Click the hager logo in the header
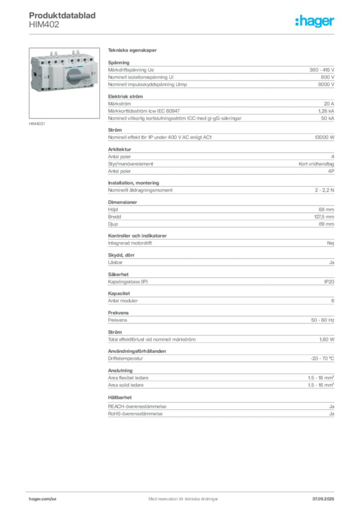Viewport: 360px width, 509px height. [x=314, y=21]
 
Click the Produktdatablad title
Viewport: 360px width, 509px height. [x=62, y=15]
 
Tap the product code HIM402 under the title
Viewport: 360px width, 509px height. [x=44, y=25]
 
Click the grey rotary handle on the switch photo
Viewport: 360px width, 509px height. [x=77, y=77]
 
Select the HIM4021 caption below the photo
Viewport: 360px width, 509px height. [x=37, y=124]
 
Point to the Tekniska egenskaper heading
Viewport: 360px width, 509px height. [x=132, y=50]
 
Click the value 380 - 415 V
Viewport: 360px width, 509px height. [x=321, y=70]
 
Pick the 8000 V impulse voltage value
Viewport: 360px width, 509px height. [x=326, y=85]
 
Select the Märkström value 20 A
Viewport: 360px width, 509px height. [x=329, y=104]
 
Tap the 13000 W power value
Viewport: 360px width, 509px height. [x=324, y=137]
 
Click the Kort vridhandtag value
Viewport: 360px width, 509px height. [x=316, y=164]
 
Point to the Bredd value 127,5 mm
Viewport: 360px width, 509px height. [x=324, y=217]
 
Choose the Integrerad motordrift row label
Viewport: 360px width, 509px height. [x=130, y=243]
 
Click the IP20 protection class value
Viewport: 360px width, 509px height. [x=329, y=282]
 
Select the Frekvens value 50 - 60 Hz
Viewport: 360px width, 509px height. [x=322, y=320]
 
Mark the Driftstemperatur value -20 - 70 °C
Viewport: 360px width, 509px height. [x=322, y=359]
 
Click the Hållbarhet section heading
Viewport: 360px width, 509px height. [x=120, y=397]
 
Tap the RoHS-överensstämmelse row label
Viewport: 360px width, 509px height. [x=135, y=414]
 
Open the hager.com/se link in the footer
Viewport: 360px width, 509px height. [x=43, y=499]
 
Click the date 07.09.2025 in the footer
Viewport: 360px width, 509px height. [x=323, y=499]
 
